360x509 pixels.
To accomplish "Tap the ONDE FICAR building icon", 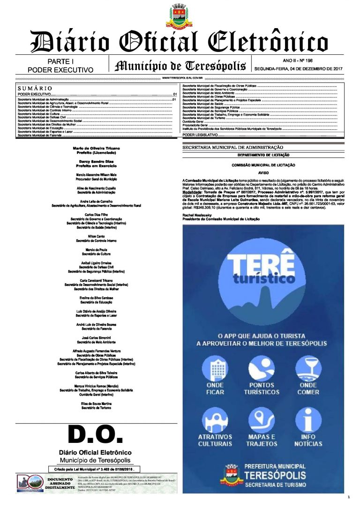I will click(x=215, y=368).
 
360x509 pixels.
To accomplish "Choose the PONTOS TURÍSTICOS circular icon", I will click(x=262, y=368).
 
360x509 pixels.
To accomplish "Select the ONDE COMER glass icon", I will click(x=308, y=368).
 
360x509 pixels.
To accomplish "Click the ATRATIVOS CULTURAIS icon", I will click(x=215, y=420).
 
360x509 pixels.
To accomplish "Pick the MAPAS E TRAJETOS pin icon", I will click(x=262, y=420).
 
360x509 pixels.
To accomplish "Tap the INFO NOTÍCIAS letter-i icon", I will click(x=308, y=420).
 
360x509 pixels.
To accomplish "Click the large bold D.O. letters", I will click(x=95, y=434).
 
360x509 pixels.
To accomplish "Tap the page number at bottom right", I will click(x=349, y=496).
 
